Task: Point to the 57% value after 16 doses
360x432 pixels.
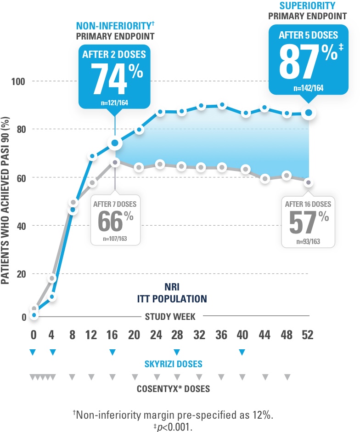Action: pos(308,223)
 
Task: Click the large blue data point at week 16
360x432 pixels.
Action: pos(115,143)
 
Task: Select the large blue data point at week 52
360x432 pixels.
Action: pos(309,113)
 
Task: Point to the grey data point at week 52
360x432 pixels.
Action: pos(309,182)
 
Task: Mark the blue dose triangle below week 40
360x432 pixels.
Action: pos(242,352)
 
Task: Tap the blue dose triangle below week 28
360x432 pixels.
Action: pos(176,352)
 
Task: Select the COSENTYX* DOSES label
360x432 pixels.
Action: pos(173,389)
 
